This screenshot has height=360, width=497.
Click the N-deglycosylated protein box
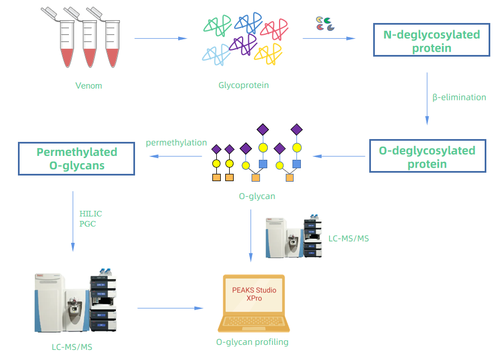click(431, 41)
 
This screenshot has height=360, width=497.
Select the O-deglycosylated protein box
click(427, 156)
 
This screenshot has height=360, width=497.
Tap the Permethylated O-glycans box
click(77, 158)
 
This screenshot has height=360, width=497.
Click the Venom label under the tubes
click(89, 86)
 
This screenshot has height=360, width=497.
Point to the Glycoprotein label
click(243, 85)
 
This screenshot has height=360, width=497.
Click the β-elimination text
click(459, 97)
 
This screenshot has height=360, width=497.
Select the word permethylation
click(176, 143)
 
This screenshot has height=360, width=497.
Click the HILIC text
click(91, 214)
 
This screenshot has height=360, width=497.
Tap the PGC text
click(87, 224)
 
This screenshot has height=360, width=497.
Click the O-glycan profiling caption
click(252, 342)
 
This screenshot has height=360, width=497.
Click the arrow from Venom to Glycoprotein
click(160, 39)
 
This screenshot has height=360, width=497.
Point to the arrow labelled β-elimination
click(427, 98)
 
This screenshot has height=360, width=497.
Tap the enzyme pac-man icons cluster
click(325, 23)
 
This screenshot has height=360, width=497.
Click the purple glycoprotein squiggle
click(242, 44)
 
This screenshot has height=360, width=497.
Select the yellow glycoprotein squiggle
click(268, 53)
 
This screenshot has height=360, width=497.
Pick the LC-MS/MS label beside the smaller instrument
click(349, 238)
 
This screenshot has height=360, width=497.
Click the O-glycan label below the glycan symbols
click(257, 196)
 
